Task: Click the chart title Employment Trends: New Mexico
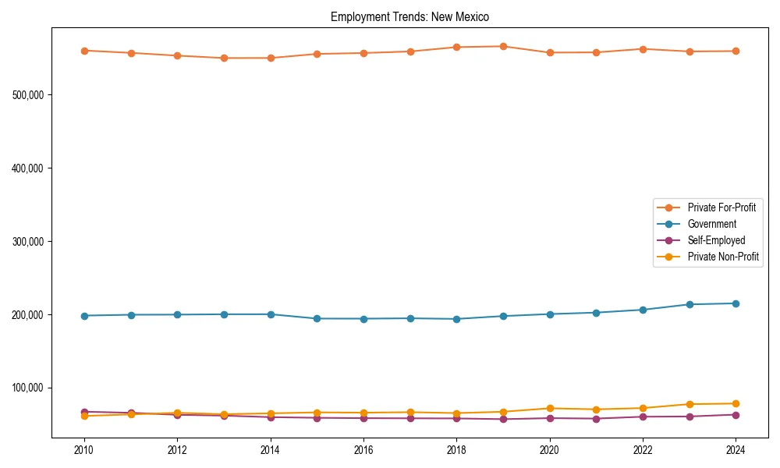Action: point(409,17)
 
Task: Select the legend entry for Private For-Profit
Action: point(721,207)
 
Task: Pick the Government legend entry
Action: point(711,224)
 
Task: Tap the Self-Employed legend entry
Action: point(716,240)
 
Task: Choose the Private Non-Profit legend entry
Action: point(723,257)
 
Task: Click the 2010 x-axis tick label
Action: point(84,450)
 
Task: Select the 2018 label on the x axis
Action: point(456,450)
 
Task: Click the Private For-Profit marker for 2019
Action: point(503,46)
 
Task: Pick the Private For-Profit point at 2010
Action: point(84,51)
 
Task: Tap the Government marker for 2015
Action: point(317,318)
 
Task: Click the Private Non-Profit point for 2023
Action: point(690,404)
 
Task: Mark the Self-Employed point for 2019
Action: point(503,419)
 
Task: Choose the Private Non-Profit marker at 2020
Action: point(550,408)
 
